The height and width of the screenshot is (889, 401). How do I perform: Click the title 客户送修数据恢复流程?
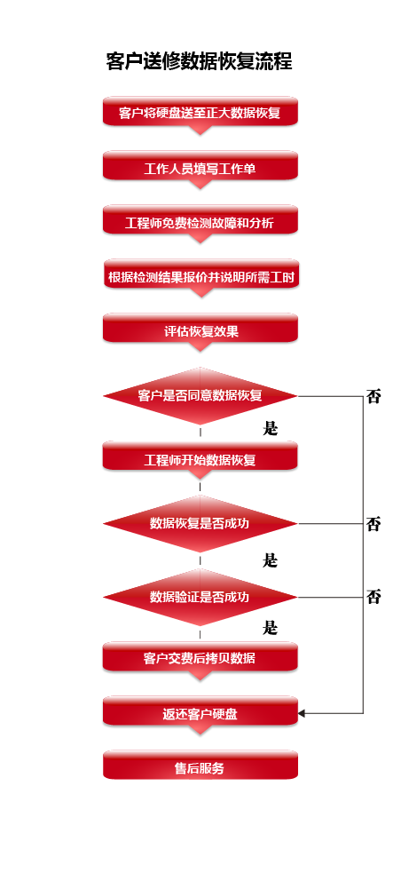[199, 61]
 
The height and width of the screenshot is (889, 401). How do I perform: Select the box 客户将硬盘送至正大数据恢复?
[200, 112]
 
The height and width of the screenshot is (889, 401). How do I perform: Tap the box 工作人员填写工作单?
[200, 168]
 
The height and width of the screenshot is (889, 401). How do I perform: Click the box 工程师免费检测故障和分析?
[200, 222]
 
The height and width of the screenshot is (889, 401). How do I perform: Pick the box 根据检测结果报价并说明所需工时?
[201, 277]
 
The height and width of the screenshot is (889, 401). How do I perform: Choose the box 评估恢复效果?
[200, 331]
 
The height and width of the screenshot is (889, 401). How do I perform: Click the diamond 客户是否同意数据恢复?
[200, 396]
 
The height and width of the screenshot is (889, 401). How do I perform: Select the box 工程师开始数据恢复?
[200, 458]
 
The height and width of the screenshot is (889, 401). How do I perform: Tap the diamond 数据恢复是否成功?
[200, 523]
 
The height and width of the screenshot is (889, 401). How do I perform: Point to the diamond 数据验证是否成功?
[200, 597]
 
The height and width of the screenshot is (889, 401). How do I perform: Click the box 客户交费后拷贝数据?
[200, 659]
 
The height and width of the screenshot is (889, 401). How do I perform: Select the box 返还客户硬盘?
[200, 714]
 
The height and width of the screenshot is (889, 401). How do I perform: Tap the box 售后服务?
[200, 766]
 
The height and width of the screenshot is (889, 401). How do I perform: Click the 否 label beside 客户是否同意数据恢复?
[373, 396]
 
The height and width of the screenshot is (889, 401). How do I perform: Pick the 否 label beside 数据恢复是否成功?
[373, 524]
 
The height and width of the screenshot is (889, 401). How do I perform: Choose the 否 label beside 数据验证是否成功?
[373, 597]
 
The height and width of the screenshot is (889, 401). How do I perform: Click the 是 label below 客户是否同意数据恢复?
[271, 428]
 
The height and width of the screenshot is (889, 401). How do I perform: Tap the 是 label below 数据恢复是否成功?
[271, 560]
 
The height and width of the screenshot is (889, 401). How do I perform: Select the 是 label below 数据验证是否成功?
[271, 628]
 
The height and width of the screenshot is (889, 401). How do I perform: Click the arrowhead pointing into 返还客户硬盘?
[302, 713]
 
